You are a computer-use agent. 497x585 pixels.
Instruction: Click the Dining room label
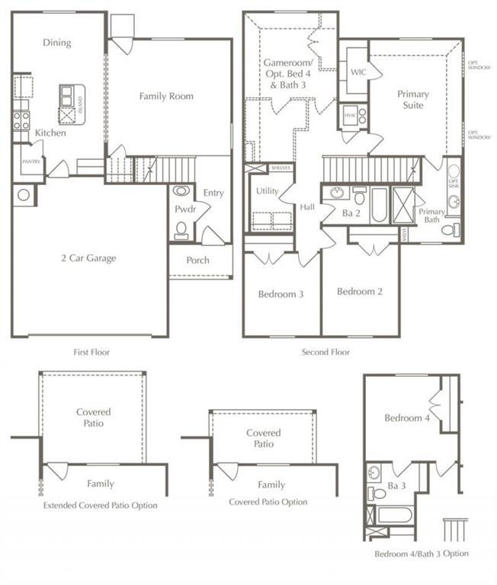pos(57,43)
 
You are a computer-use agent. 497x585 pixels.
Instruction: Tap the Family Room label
pos(165,97)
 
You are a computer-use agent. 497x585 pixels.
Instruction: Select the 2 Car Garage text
pos(89,258)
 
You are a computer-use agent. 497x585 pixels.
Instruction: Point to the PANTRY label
pos(31,161)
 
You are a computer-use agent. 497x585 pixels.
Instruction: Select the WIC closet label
pos(359,72)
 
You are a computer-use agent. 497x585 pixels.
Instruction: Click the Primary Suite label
pos(413,99)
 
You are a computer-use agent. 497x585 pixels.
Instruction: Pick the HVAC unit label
pos(350,115)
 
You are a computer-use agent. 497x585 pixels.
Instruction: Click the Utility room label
pos(267,191)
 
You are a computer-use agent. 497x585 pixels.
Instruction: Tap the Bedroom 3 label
pos(281,294)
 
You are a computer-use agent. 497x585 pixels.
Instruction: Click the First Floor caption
pos(89,352)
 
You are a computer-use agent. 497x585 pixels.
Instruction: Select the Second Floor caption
pos(326,352)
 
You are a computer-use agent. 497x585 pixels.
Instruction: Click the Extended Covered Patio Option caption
pos(101,505)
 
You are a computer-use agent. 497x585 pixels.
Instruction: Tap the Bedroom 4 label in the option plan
pos(406,418)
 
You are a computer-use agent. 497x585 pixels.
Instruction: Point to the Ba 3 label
pos(395,484)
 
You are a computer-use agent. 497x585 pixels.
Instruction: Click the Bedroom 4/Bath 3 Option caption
pos(422,553)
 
